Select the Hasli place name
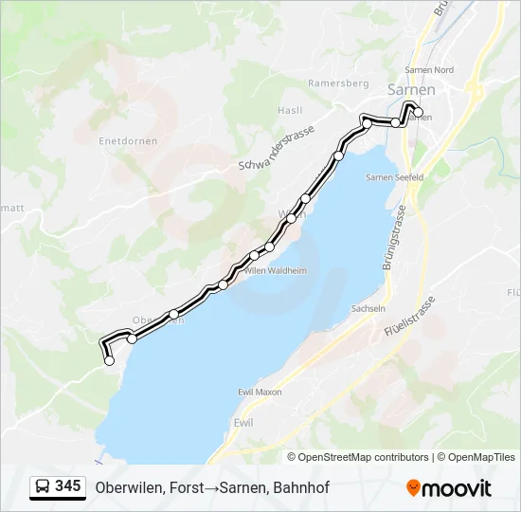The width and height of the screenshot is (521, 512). [290, 110]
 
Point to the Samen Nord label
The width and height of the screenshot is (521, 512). [429, 69]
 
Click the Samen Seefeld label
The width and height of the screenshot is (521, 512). [394, 177]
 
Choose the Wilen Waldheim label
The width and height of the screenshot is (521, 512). [276, 270]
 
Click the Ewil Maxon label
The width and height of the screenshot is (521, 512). [261, 392]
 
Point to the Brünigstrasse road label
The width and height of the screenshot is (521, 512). [395, 237]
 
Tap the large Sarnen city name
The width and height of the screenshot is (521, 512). [412, 90]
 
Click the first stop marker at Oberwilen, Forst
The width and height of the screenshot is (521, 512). [109, 360]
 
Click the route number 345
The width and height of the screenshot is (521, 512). [68, 486]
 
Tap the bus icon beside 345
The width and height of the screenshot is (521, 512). [44, 487]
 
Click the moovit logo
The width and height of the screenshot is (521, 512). [449, 488]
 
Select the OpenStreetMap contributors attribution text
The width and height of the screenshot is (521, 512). [364, 457]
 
